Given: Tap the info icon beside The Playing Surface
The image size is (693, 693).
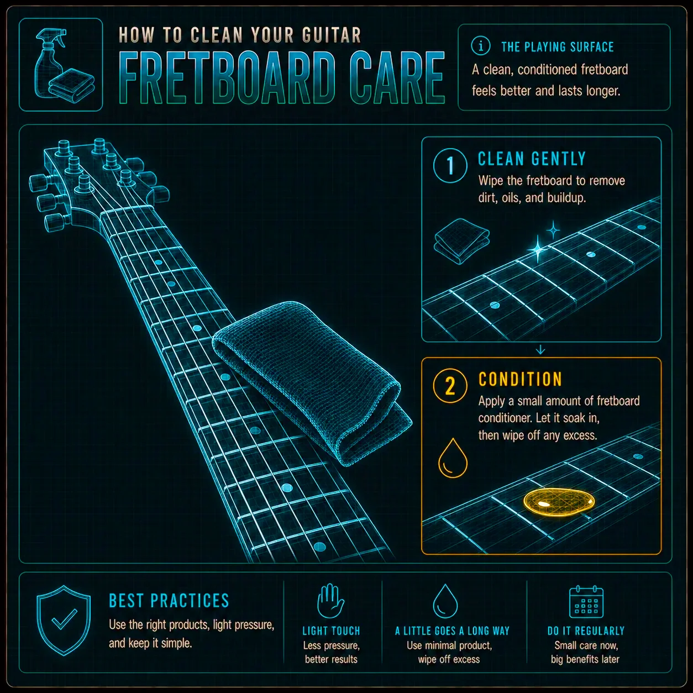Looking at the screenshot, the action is point(480,46).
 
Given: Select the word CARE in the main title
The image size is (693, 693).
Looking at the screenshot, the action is point(397,78).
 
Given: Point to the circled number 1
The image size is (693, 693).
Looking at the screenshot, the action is point(450,165).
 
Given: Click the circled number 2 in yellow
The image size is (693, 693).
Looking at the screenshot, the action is point(450,386).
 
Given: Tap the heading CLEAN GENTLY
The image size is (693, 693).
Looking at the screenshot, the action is point(532,159).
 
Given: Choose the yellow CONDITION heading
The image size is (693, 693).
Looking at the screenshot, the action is point(520,379).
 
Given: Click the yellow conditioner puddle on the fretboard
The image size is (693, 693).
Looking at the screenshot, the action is point(559,502).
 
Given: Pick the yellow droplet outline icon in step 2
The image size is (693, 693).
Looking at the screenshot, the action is point(453,458).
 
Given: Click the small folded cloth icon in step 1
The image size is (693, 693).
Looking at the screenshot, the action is point(462,242).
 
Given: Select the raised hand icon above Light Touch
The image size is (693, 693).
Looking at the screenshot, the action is point(330,601).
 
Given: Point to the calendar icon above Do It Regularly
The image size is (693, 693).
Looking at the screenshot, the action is point(586,602).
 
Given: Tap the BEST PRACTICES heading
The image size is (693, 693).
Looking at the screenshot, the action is point(169,601).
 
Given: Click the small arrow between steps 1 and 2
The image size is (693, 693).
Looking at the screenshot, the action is point(540,349).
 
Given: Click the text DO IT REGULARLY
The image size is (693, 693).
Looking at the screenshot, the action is point(586,631).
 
